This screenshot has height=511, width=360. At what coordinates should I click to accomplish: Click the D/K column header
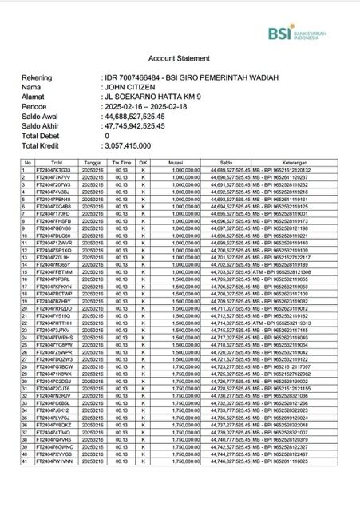point(145,162)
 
